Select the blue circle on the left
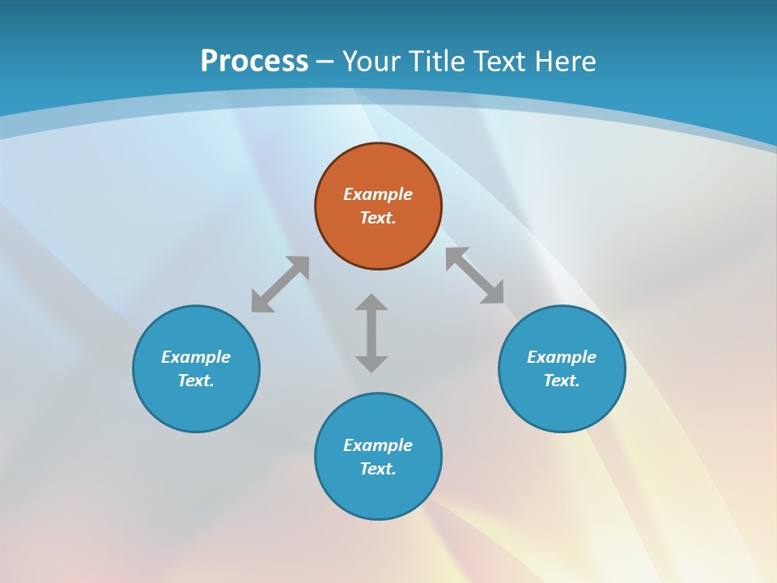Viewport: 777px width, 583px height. [196, 405]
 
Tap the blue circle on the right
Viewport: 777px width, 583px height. [562, 405]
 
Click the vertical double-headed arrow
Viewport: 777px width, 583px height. [372, 333]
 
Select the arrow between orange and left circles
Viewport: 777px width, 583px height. [280, 284]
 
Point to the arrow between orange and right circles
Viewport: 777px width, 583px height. [475, 275]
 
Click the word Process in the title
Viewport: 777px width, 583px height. [254, 61]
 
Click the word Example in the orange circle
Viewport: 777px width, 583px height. [378, 194]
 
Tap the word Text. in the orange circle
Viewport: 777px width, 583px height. [378, 218]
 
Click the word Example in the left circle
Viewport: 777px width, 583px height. [196, 357]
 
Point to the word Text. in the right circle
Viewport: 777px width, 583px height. [562, 381]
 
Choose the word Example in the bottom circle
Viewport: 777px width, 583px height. [378, 445]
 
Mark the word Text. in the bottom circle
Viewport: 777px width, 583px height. [378, 469]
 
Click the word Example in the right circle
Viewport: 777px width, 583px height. [562, 357]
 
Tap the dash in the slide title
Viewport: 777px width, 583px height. [325, 62]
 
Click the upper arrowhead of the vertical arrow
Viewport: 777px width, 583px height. [372, 302]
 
